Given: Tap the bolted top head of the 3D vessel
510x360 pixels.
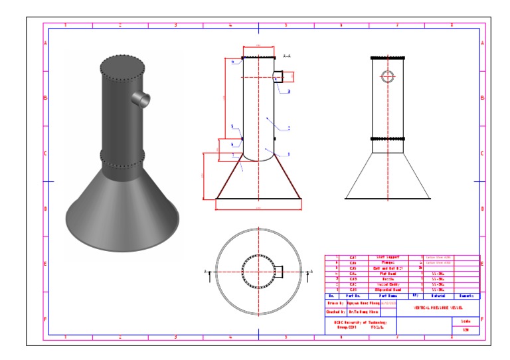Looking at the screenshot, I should [122, 65].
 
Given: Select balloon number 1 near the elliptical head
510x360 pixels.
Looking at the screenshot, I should [289, 154].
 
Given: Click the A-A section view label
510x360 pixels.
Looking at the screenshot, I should [287, 56].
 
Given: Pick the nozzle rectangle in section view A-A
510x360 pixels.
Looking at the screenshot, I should [279, 78].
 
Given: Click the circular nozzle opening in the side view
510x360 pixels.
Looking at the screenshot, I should [387, 76].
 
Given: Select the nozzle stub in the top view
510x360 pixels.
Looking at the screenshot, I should [280, 272].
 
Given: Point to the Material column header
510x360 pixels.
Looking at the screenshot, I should [438, 296].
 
